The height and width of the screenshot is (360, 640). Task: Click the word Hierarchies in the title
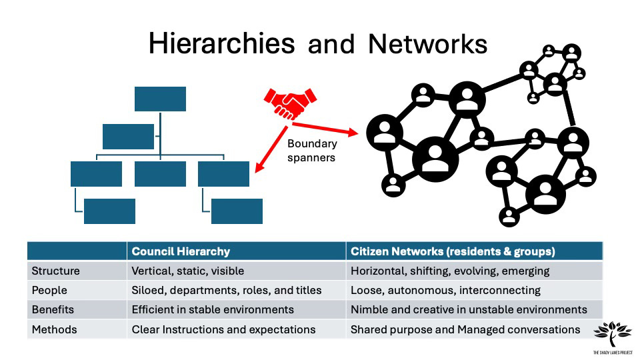tap(221, 43)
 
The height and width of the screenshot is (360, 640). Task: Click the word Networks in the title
tap(427, 43)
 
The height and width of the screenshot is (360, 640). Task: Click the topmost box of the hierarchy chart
tap(160, 99)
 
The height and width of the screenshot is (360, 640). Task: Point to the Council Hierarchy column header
tap(181, 251)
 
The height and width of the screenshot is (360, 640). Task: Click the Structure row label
tap(56, 271)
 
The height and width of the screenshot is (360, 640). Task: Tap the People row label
tap(49, 291)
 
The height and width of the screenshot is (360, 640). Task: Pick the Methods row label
tap(54, 329)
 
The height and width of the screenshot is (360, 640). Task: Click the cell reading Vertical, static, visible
tap(188, 271)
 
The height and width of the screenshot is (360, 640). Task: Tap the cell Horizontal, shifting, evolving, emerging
tap(450, 271)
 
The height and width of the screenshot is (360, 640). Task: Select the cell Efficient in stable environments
tap(213, 310)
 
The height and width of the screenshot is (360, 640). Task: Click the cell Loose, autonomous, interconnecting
tap(445, 291)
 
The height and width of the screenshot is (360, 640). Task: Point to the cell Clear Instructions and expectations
tap(223, 329)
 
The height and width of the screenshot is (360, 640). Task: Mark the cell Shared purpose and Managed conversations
tap(465, 329)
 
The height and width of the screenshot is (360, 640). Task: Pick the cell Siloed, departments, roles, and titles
tap(227, 291)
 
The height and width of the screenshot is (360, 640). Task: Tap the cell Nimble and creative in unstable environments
tap(469, 310)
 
